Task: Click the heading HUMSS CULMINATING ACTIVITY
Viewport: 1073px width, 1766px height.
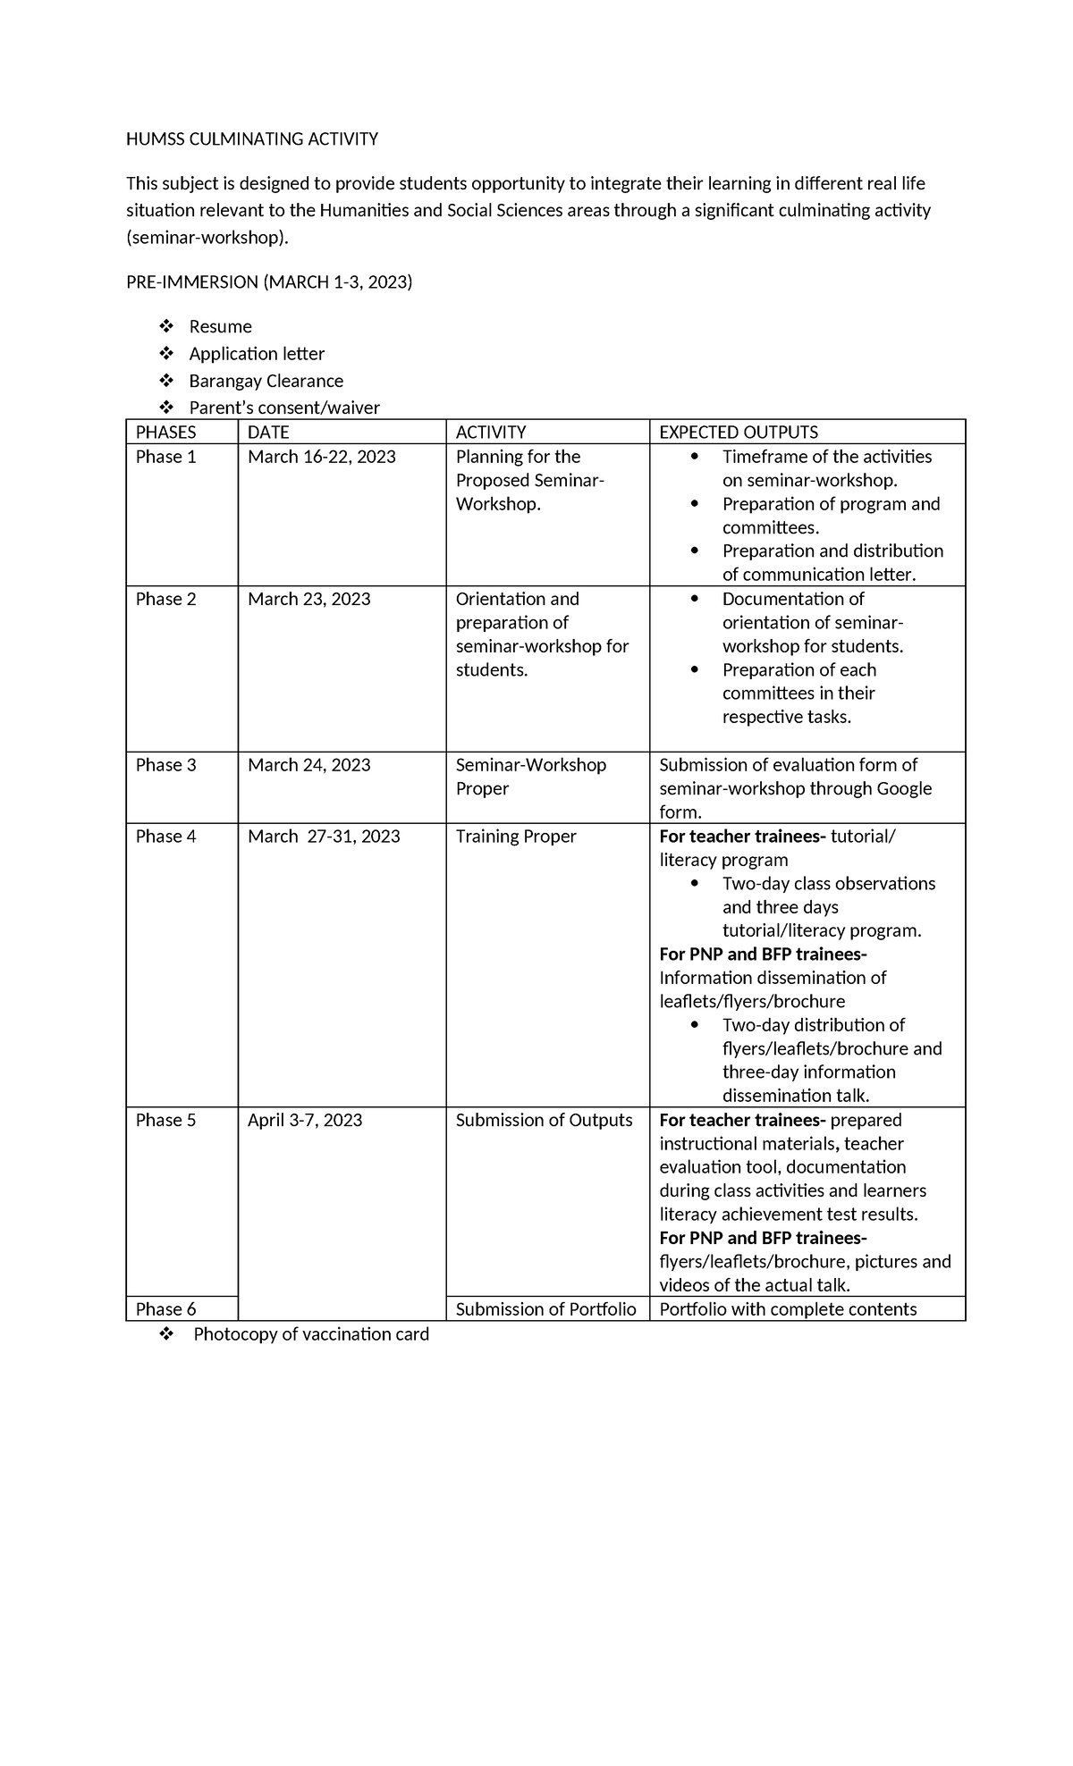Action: coord(251,139)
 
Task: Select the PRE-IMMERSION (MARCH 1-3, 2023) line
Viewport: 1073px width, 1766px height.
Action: coord(269,282)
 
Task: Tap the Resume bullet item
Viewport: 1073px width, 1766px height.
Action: coord(220,327)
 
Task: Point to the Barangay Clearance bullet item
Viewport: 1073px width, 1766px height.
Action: coord(266,382)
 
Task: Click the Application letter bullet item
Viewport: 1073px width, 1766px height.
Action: coord(257,354)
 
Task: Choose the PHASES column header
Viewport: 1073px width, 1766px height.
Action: coord(165,433)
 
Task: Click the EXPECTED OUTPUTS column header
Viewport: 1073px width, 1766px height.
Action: coord(738,433)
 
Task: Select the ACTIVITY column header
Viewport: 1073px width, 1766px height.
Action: coord(490,433)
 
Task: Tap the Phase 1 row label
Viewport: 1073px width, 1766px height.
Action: coord(165,457)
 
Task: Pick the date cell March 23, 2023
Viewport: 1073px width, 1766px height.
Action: coord(308,599)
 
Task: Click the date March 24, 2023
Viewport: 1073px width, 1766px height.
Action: coord(308,765)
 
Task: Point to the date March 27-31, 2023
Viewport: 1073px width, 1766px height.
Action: coord(324,837)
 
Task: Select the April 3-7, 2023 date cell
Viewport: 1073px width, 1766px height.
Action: coord(305,1121)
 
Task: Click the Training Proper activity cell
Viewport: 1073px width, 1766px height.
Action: coord(516,837)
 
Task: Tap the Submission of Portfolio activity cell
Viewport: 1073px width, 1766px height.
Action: coord(545,1309)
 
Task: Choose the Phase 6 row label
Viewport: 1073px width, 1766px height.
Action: coord(165,1309)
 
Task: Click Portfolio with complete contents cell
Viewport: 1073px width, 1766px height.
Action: coord(788,1309)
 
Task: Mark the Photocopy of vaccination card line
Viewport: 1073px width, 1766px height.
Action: coord(310,1334)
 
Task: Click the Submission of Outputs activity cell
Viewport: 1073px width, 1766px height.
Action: coord(544,1121)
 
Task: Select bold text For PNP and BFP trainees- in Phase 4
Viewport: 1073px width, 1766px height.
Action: coord(763,954)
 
